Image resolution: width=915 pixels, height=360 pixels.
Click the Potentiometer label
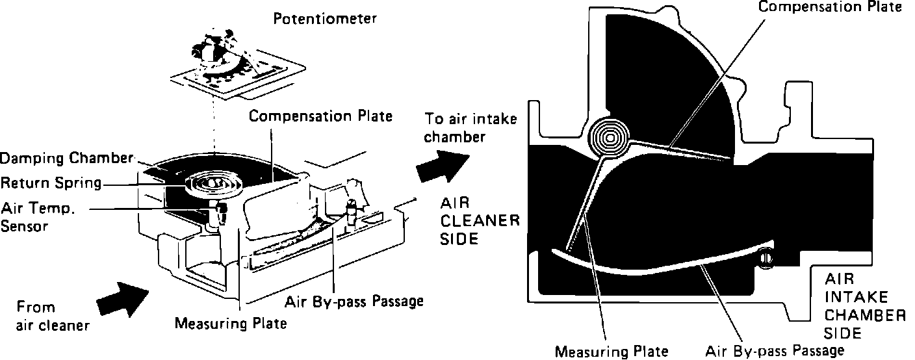[x=325, y=19]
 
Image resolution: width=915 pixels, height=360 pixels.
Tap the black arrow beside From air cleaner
[x=120, y=298]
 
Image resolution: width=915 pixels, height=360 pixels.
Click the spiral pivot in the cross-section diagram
[x=609, y=138]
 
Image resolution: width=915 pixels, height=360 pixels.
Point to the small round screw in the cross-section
[x=765, y=257]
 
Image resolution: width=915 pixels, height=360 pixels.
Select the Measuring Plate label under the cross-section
[x=611, y=352]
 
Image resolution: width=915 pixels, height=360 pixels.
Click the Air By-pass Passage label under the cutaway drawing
[x=355, y=301]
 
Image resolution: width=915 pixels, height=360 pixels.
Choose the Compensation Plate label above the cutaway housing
[x=321, y=116]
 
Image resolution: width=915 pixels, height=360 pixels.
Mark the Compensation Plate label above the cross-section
[x=831, y=7]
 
